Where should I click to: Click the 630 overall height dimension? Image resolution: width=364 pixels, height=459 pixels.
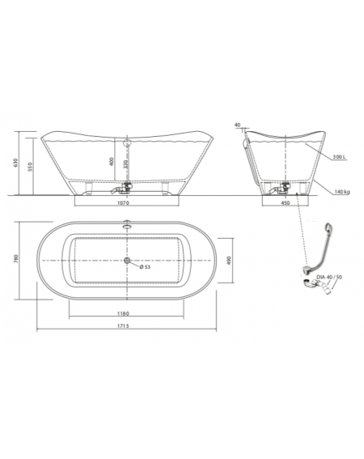[x=15, y=163]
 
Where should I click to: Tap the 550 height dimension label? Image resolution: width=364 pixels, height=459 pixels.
[x=30, y=166]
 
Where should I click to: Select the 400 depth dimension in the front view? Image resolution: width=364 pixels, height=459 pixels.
[x=111, y=162]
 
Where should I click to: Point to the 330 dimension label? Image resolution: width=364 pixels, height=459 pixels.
[x=125, y=164]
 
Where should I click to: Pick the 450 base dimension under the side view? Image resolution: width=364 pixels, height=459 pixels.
[x=285, y=202]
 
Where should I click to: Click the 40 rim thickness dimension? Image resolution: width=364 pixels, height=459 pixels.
[x=237, y=125]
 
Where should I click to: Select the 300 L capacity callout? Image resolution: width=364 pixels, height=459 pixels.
[x=339, y=157]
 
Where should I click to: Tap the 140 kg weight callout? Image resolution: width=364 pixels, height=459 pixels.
[x=342, y=192]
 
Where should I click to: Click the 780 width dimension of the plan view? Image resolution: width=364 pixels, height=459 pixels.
[x=16, y=259]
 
